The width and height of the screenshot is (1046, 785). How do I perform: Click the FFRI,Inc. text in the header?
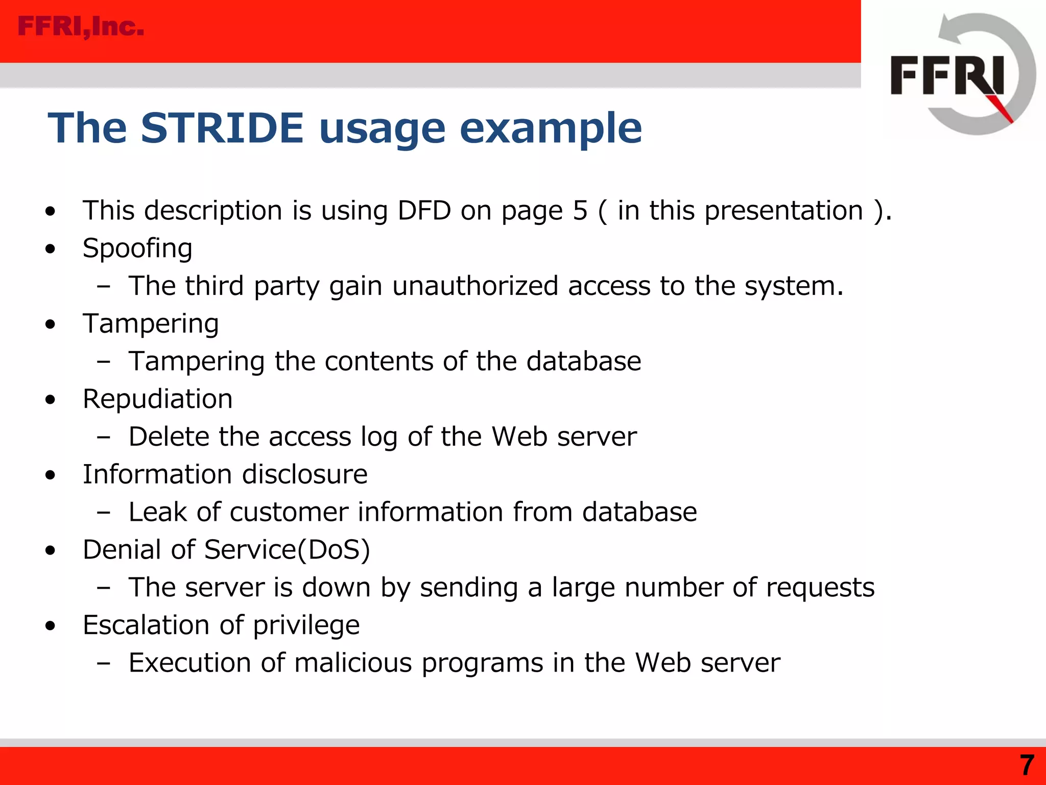[81, 27]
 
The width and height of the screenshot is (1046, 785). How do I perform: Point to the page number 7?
[1027, 765]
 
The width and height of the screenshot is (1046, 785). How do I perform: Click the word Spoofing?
[137, 249]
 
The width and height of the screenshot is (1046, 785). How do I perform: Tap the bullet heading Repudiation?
[157, 399]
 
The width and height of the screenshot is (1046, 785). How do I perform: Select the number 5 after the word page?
[580, 211]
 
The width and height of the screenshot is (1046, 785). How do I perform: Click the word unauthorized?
[475, 286]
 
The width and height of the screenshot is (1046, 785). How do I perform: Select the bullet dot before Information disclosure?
[50, 475]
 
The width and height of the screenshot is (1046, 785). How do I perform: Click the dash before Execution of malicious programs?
[104, 663]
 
